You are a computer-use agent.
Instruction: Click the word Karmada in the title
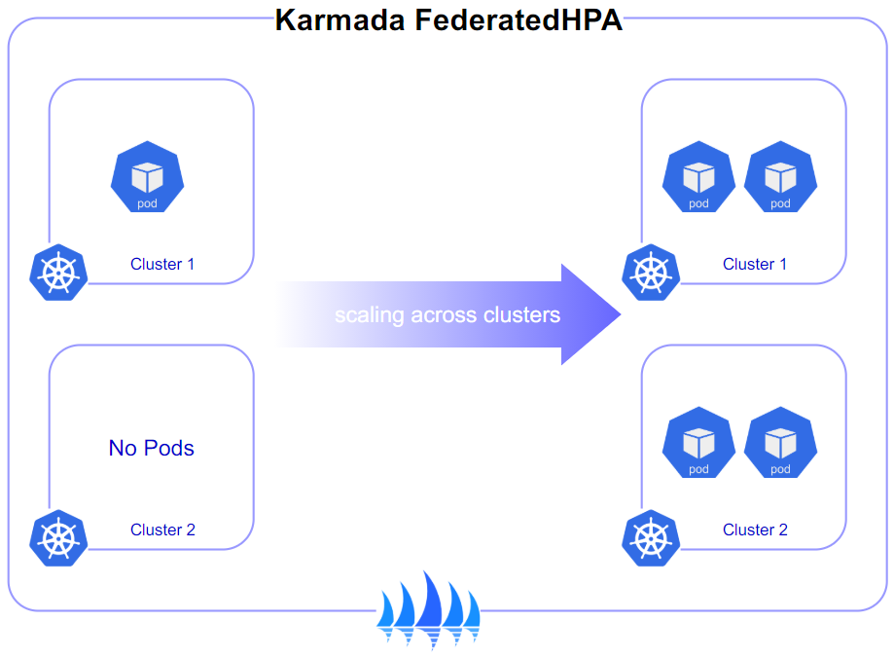point(340,19)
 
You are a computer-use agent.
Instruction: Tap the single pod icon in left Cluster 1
point(147,177)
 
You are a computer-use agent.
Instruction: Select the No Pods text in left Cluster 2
point(151,448)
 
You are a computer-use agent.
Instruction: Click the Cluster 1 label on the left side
point(162,264)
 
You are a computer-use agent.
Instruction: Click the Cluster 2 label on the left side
point(162,530)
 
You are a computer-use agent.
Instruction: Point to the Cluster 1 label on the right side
point(755,264)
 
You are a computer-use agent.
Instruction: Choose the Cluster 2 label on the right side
point(755,530)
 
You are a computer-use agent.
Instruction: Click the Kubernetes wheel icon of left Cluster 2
point(58,538)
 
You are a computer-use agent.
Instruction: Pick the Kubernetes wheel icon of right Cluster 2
point(651,538)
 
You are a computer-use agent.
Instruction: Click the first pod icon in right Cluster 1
point(698,177)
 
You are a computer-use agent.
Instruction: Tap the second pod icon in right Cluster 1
point(780,177)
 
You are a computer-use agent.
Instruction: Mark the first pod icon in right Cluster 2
point(698,443)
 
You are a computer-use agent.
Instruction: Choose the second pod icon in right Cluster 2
point(780,443)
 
